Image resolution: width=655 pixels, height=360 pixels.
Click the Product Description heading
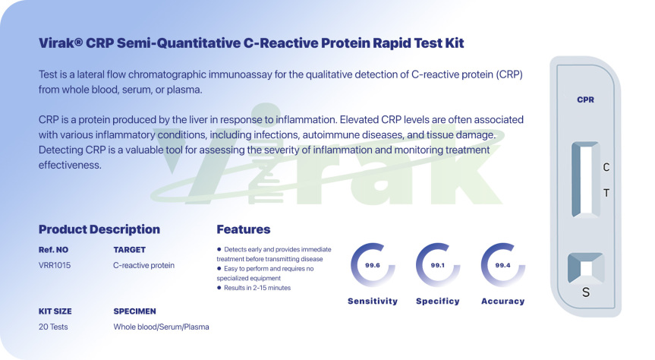pos(99,229)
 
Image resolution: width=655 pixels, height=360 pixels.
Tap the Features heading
pos(243,229)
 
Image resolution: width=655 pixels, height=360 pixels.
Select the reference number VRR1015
pos(55,265)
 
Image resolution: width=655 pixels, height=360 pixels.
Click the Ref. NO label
pos(53,250)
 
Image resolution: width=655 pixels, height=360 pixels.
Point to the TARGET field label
pos(130,250)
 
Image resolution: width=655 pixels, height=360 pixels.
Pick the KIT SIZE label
pos(55,311)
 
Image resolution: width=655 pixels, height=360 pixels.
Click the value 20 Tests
pos(53,327)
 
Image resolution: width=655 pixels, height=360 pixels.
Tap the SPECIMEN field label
pos(134,311)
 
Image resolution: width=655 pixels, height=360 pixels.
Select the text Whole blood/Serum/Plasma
pos(161,327)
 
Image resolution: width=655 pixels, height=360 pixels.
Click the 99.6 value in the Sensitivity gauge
pos(373,265)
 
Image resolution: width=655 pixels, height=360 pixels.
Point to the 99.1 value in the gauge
pos(438,265)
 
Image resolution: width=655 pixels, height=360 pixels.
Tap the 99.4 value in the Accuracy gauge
pos(503,265)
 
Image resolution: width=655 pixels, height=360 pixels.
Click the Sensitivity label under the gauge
pos(373,301)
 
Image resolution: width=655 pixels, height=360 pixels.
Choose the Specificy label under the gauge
pos(438,301)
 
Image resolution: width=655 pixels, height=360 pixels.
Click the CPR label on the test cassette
pos(585,99)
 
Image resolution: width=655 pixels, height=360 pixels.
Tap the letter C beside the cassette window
pos(606,167)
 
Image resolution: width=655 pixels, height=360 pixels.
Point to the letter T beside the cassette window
pos(606,193)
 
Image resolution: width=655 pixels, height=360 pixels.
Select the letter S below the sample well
pos(586,292)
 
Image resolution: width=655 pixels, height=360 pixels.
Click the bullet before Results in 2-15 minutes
pos(219,288)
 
